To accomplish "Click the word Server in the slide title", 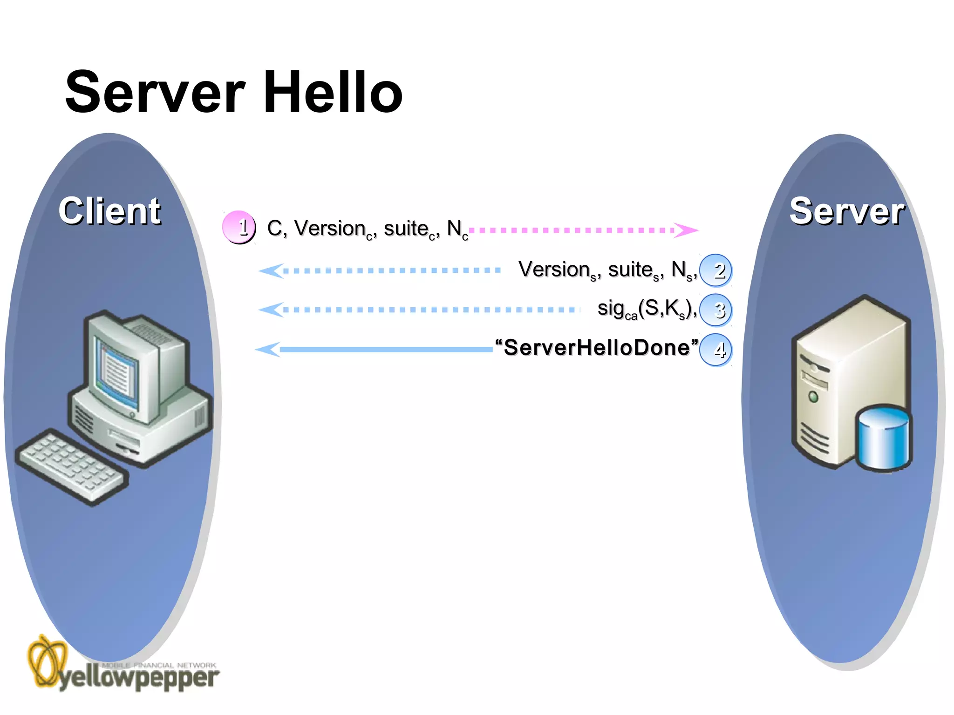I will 155,92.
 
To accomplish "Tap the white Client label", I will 110,211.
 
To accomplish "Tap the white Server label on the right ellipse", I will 846,211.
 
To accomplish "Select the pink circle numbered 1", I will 239,228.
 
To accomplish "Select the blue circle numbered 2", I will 716,270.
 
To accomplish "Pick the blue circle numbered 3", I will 716,310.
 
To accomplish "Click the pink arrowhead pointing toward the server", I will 686,230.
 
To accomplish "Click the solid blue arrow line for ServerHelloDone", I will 387,349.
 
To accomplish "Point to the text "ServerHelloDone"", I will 597,347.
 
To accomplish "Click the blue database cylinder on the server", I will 883,438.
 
